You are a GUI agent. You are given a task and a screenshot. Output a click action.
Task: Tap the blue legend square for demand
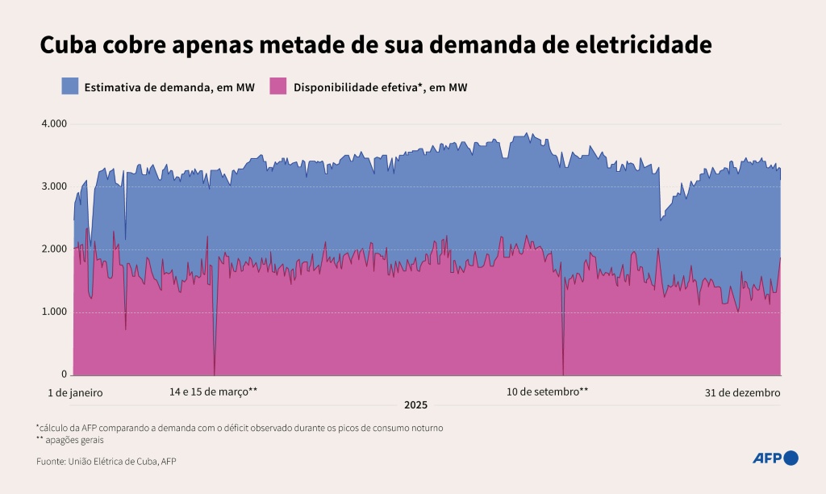(69, 86)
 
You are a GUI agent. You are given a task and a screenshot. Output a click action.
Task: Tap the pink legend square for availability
(278, 86)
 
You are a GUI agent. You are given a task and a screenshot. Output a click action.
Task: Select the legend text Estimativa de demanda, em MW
(169, 86)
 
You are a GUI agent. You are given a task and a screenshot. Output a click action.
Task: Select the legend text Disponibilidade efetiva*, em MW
(380, 86)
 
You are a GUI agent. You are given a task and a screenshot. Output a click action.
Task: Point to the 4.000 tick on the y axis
(54, 123)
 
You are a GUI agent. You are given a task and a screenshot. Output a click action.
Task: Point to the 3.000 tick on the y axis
(54, 186)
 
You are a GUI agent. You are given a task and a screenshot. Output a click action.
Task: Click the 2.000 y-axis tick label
(54, 249)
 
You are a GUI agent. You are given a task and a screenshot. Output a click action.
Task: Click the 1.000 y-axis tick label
(54, 312)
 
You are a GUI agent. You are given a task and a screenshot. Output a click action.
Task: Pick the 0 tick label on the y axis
(65, 375)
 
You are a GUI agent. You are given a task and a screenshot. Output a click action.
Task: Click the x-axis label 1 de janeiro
(75, 392)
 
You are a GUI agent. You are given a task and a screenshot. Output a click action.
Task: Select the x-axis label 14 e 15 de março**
(213, 392)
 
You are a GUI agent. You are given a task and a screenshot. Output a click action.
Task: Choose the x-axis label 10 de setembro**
(547, 392)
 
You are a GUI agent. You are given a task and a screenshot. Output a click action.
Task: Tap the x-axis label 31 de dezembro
(742, 392)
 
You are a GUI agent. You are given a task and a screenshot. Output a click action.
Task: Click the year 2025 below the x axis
(416, 405)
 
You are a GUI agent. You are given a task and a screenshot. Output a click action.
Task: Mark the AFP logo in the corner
(775, 458)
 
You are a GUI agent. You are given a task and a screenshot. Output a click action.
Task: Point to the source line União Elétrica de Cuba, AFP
(106, 462)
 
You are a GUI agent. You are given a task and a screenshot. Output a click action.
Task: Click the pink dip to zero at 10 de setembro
(563, 367)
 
